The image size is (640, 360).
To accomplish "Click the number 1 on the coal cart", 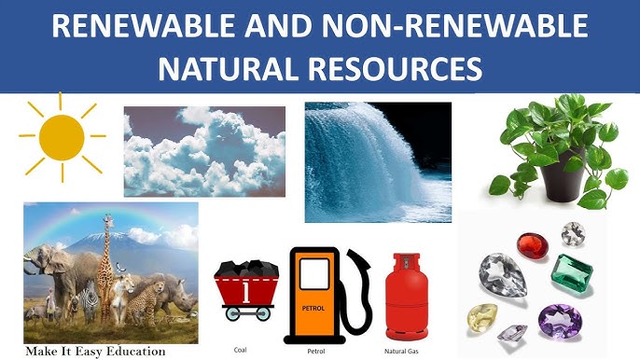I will [244, 291].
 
